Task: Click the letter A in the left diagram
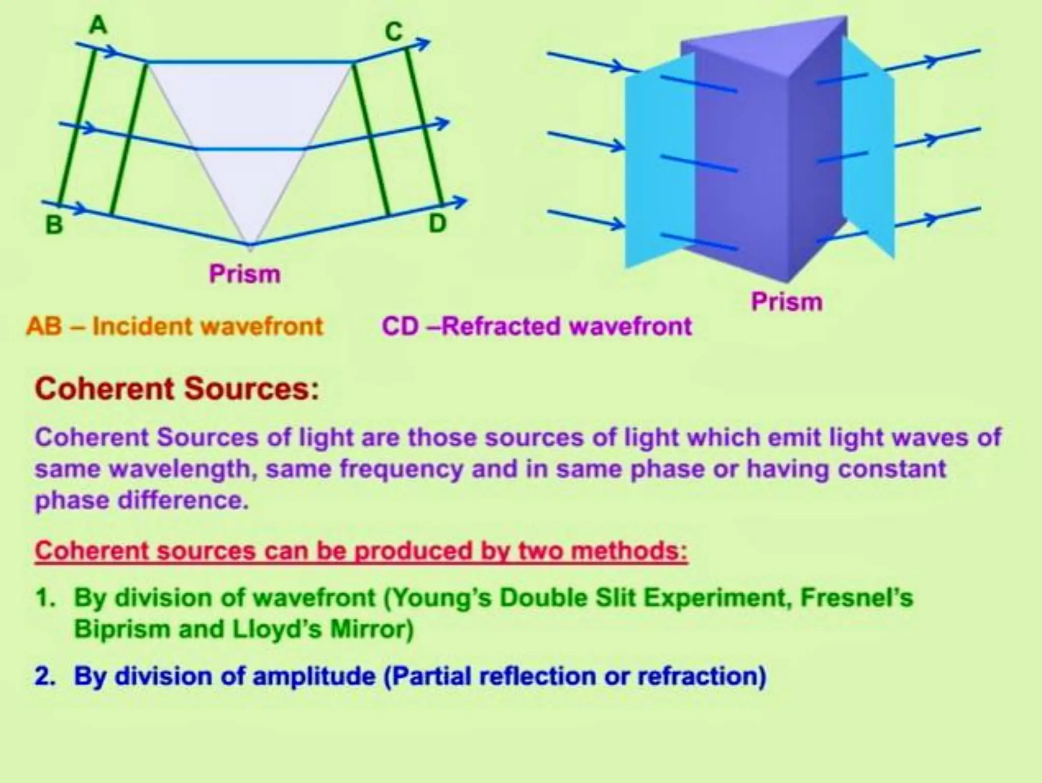click(98, 25)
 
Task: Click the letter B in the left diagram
click(54, 225)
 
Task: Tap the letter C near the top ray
click(394, 32)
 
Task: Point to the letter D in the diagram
click(438, 223)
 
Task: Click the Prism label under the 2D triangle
click(245, 274)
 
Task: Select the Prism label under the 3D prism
click(787, 301)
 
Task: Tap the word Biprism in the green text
click(122, 629)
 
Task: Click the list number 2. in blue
click(45, 676)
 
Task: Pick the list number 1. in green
click(45, 598)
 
